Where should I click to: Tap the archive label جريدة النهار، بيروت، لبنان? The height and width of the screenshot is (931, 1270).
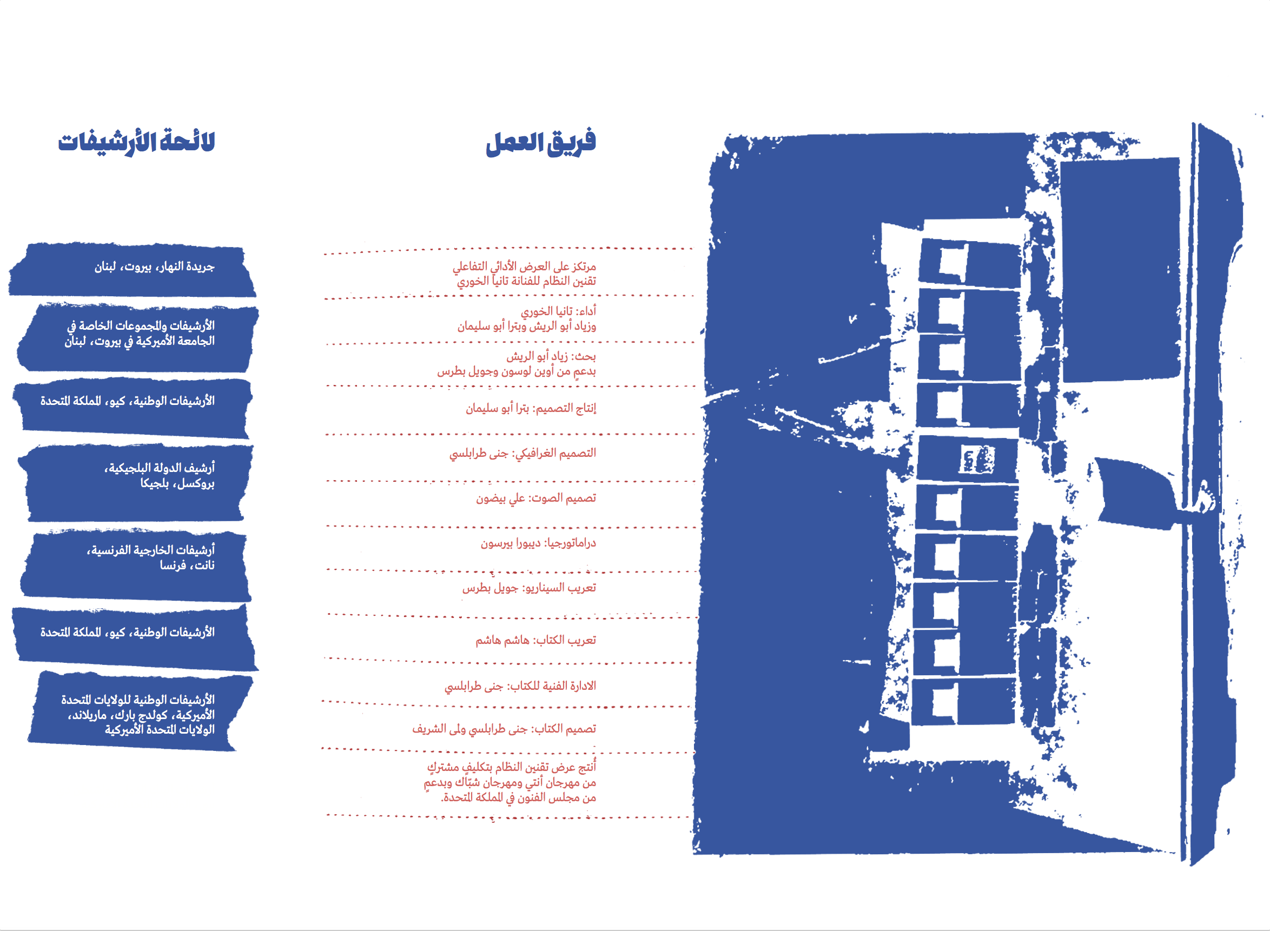click(155, 267)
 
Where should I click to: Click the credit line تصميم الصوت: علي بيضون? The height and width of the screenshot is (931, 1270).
click(535, 498)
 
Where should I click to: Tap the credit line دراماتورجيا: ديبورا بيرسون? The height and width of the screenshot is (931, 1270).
click(538, 543)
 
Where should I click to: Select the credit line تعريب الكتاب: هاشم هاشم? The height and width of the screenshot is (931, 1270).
click(535, 640)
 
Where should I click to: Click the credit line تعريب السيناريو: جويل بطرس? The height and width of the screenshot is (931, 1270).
click(529, 588)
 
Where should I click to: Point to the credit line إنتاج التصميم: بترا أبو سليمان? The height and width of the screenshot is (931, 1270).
click(531, 408)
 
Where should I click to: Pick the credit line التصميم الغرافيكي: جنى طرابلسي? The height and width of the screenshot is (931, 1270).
click(522, 453)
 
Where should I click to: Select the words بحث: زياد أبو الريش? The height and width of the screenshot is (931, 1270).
click(551, 356)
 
